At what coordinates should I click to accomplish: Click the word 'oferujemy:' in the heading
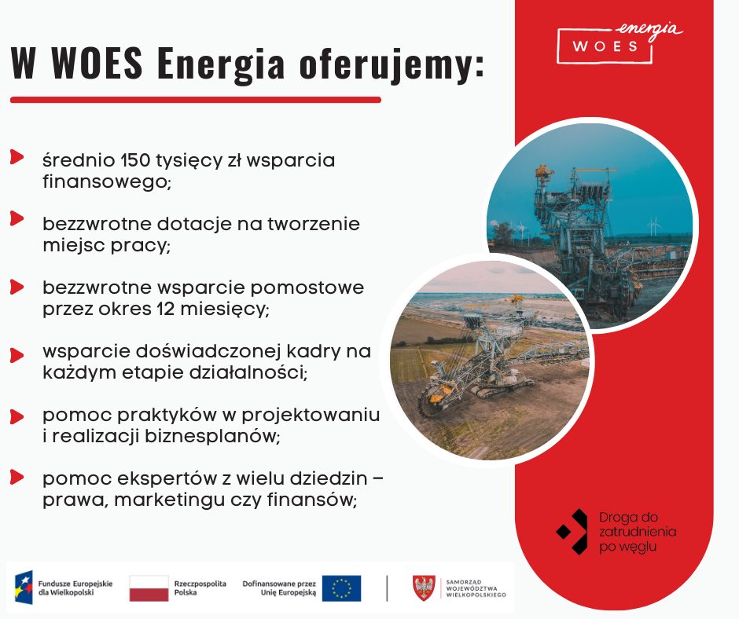[x=392, y=64]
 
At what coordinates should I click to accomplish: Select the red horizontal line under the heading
[x=196, y=100]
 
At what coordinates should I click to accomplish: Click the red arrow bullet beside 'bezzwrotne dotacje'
[x=17, y=218]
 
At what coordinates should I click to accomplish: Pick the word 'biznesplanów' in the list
[x=211, y=436]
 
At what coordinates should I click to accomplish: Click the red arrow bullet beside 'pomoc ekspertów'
[x=17, y=477]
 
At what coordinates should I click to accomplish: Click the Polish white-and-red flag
[x=149, y=588]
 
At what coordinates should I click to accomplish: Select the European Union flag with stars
[x=341, y=588]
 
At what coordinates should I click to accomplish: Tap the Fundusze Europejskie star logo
[x=24, y=588]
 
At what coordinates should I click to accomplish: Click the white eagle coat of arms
[x=424, y=588]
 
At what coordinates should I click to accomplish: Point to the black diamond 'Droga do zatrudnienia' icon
[x=572, y=531]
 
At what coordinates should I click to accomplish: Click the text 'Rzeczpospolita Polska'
[x=200, y=588]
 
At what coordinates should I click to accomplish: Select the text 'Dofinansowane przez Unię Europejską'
[x=279, y=588]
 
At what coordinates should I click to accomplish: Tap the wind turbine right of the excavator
[x=653, y=226]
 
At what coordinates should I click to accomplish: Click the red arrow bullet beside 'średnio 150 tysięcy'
[x=17, y=157]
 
